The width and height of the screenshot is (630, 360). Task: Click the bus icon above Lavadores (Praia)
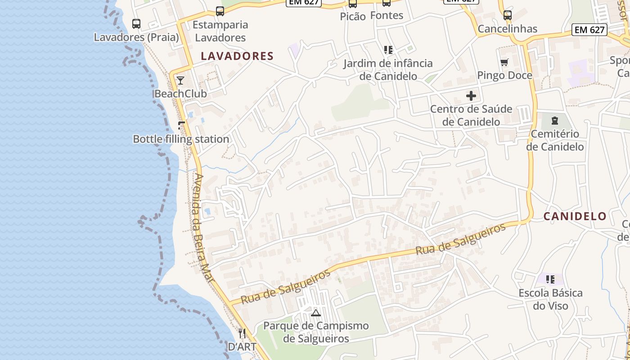pos(136,24)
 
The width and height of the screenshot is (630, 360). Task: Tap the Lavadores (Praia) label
pos(136,37)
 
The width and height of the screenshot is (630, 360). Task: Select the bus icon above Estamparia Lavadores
pos(220,11)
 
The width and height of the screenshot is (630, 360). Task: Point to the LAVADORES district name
pos(237,56)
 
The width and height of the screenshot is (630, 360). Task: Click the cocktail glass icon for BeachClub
pos(180,81)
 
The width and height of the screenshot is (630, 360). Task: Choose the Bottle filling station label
pos(181,139)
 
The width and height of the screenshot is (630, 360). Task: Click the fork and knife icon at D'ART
pos(242,333)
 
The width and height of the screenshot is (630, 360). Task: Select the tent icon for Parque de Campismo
pos(316,313)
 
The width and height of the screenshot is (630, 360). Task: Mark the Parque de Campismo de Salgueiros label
pos(316,332)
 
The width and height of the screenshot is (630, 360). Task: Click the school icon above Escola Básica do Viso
pos(550,280)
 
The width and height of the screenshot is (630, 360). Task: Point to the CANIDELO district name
pos(575,216)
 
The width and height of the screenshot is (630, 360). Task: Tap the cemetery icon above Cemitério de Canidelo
pos(555,121)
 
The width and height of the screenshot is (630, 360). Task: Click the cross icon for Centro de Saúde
pos(471,96)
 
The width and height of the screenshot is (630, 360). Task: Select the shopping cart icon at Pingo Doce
pos(504,62)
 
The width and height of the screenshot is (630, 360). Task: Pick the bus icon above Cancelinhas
pos(508,15)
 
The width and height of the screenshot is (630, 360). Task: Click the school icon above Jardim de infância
pos(388,50)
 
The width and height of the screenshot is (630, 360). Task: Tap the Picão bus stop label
pos(353,17)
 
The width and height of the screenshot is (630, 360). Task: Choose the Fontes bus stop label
pos(387,15)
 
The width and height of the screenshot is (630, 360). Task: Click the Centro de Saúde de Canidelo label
pos(471,116)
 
